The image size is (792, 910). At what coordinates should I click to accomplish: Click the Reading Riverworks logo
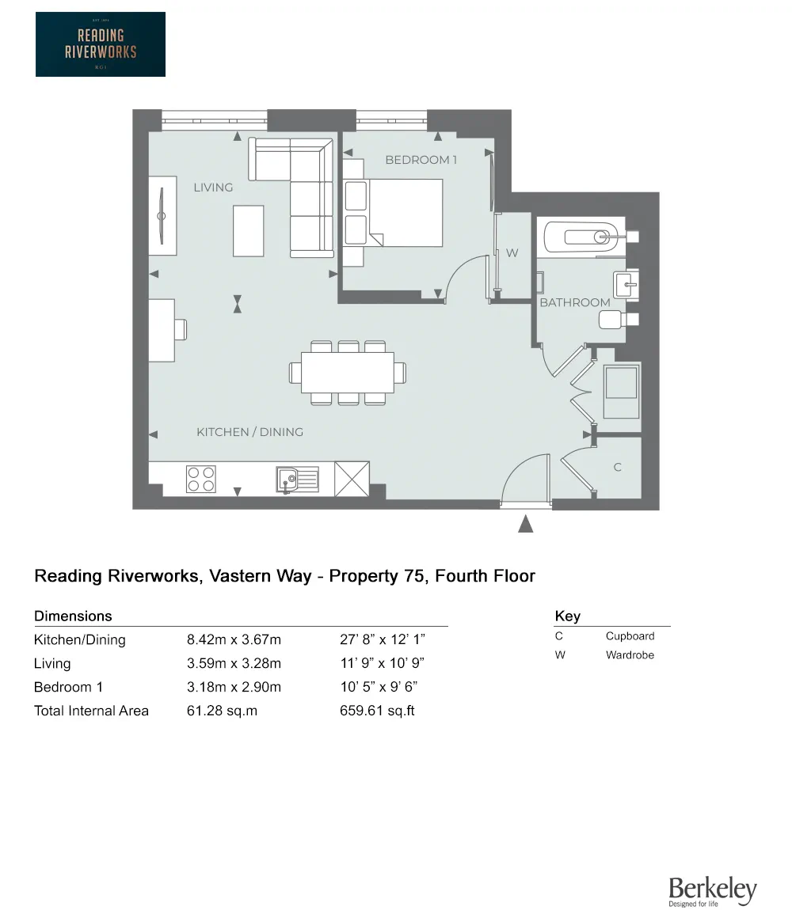point(101,44)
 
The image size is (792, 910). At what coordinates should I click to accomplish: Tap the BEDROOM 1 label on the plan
point(421,160)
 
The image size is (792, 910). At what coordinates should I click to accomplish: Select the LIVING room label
point(213,188)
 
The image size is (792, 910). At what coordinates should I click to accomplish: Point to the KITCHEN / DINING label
point(249,432)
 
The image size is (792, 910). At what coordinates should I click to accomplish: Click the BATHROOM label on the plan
point(575,302)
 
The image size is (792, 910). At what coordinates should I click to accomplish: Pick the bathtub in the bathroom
point(581,237)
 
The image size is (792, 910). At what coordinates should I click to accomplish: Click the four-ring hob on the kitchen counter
point(201,479)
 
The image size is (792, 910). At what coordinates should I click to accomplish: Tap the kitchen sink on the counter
point(297,480)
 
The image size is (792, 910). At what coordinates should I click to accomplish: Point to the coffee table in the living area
point(248,231)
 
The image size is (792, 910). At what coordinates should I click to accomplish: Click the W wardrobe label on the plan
point(512,253)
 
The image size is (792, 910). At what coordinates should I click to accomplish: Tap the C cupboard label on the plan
point(618,467)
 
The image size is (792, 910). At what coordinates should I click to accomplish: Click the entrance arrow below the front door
point(525,524)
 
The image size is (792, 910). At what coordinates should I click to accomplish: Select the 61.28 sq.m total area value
point(222,711)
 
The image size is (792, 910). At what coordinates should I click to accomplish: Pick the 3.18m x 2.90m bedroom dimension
point(234,687)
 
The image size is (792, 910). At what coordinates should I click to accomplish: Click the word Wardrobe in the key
point(630,654)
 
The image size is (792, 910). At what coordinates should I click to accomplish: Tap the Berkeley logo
point(712,891)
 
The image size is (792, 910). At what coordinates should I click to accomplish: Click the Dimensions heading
point(73,616)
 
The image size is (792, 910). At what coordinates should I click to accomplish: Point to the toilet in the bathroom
point(619,319)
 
